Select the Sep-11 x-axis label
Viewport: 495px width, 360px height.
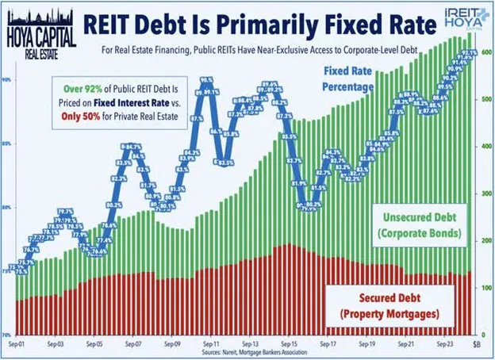click(211, 345)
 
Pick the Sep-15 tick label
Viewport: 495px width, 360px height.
click(287, 345)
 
